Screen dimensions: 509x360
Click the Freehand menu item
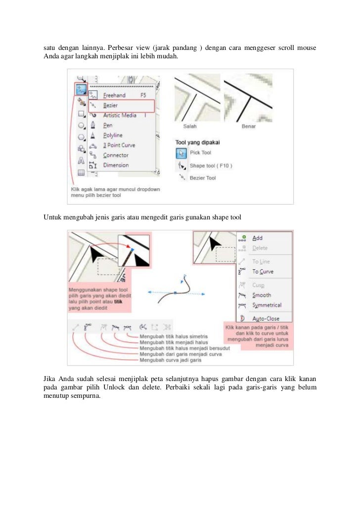click(x=114, y=95)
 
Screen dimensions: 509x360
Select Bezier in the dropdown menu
click(x=110, y=105)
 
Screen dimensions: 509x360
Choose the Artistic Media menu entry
click(x=120, y=116)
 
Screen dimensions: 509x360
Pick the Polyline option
click(x=113, y=135)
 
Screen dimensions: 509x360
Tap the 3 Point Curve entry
click(x=119, y=145)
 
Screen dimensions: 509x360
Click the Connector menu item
click(x=116, y=155)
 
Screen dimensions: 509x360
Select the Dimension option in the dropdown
click(x=116, y=165)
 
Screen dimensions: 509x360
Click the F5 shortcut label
click(x=143, y=95)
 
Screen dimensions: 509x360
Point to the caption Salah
click(x=190, y=126)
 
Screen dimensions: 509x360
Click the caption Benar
click(x=248, y=126)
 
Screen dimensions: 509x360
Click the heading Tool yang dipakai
click(x=198, y=142)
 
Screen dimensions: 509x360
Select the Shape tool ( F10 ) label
click(x=211, y=165)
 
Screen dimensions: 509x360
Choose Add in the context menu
click(x=257, y=238)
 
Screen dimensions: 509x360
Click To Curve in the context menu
click(x=263, y=271)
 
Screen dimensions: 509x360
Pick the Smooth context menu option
click(x=262, y=295)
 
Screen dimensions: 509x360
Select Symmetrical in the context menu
click(x=267, y=305)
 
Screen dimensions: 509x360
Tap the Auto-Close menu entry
click(x=266, y=319)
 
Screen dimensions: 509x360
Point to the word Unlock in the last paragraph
click(x=117, y=387)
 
